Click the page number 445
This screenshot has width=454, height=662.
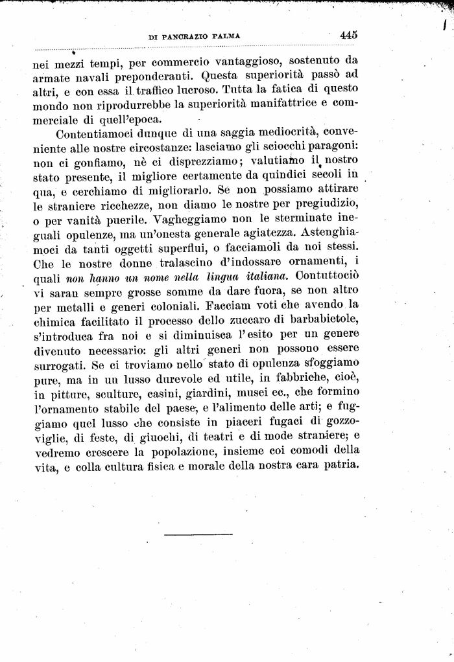(348, 36)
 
